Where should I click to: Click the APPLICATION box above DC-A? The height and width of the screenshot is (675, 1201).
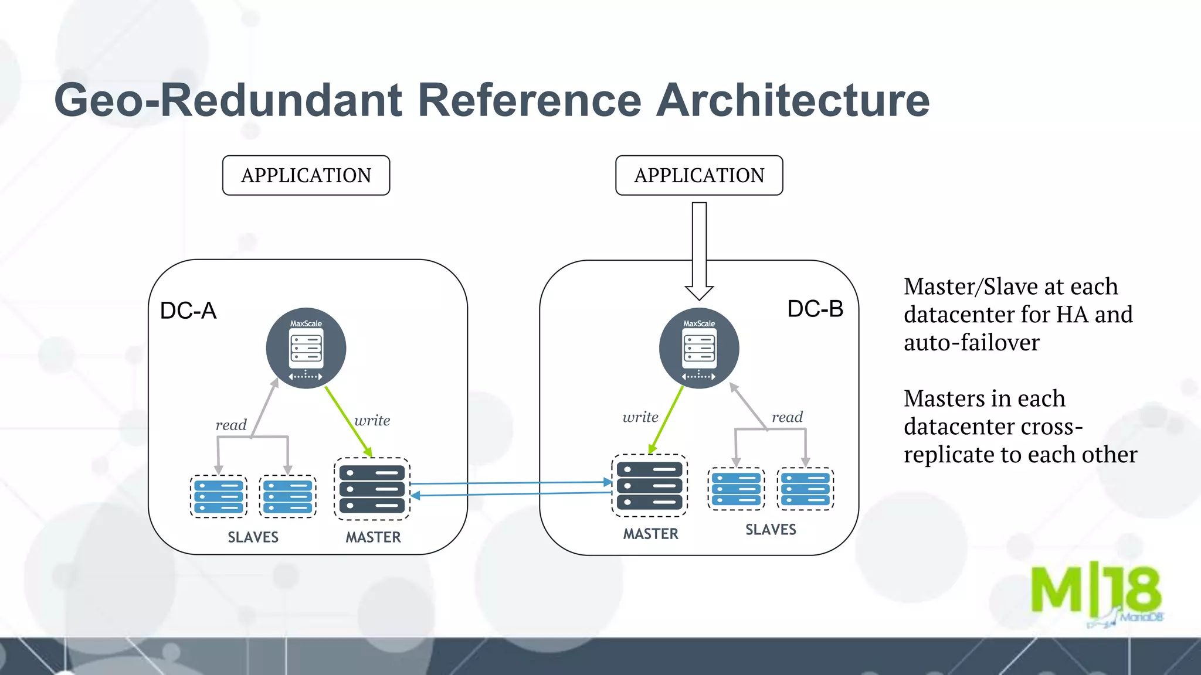(306, 175)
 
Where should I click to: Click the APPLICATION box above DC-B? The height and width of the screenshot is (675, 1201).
(699, 175)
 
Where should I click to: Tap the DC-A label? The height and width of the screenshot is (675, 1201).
(188, 311)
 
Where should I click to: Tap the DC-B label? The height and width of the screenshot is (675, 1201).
(815, 309)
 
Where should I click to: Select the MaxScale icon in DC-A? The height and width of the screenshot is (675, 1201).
(306, 348)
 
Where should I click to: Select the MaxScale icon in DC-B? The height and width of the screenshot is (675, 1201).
(699, 348)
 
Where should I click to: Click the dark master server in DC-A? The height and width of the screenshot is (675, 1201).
(372, 489)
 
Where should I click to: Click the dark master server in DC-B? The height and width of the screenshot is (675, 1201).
(650, 486)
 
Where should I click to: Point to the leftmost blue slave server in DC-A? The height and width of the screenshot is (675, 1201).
(219, 497)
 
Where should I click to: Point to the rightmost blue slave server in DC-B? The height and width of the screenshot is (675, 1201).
(806, 489)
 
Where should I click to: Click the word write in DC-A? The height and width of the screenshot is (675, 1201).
(372, 420)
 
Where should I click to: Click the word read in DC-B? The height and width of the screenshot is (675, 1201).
(787, 417)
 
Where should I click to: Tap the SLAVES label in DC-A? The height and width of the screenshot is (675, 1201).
(253, 537)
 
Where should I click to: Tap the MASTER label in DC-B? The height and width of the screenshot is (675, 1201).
(650, 534)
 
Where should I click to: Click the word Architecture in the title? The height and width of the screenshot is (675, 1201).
(792, 100)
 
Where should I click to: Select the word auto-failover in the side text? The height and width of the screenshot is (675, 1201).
(971, 342)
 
